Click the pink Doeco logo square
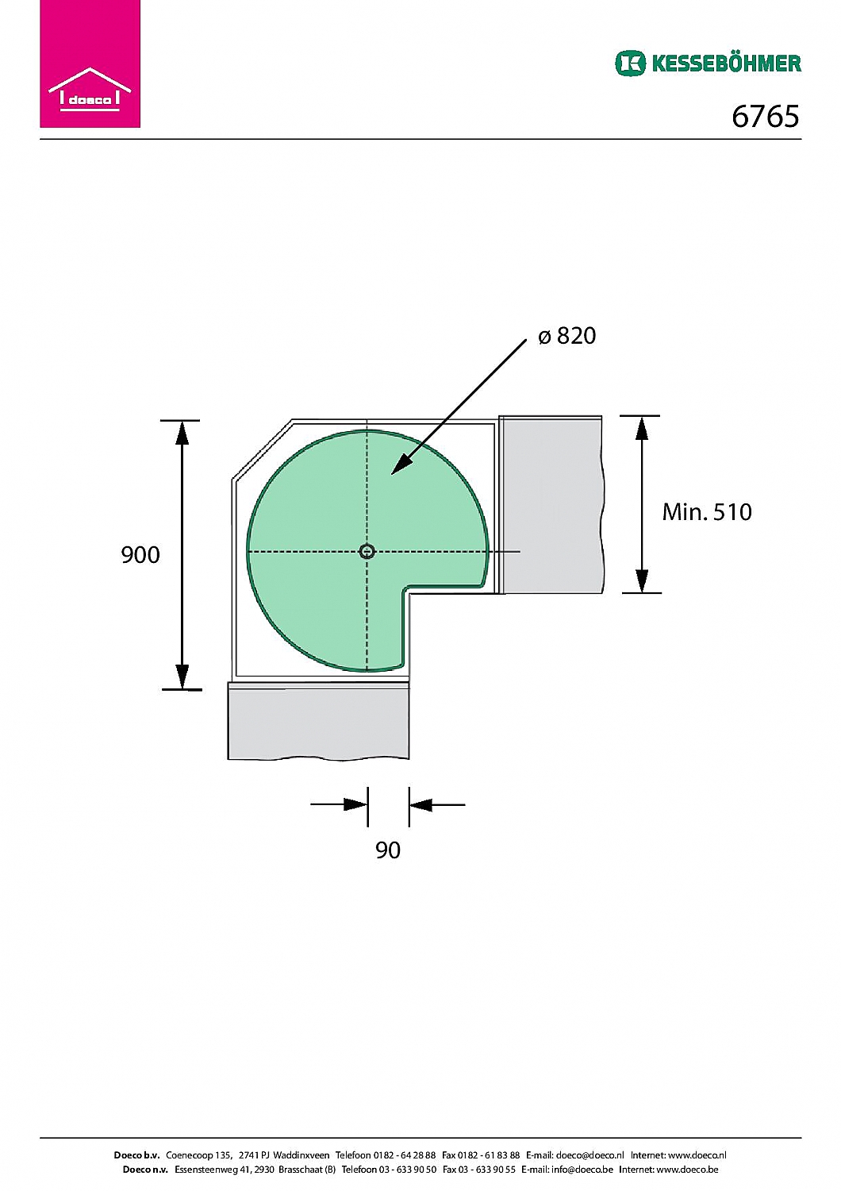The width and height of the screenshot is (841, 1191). [90, 64]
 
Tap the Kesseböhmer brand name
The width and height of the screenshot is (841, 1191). [726, 64]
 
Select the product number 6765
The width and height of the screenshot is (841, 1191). [765, 116]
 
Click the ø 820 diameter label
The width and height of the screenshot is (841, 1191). [566, 336]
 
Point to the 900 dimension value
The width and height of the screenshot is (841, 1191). [140, 555]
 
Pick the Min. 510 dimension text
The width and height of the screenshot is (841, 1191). [707, 512]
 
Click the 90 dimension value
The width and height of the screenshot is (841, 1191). [388, 850]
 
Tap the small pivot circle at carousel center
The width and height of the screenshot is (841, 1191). [367, 551]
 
